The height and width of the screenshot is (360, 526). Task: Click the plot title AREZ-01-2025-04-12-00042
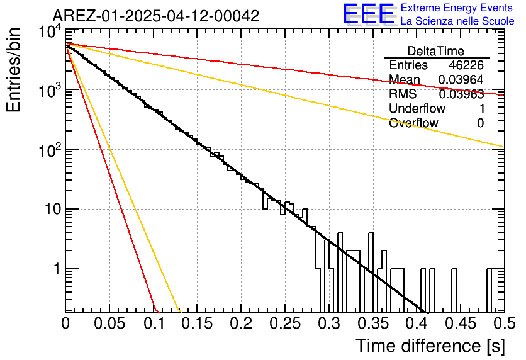pos(156,16)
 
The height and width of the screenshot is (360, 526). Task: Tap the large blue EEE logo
pos(368,14)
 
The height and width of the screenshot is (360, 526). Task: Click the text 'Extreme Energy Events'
pos(457,8)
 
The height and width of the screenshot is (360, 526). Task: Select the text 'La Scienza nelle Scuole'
pos(457,21)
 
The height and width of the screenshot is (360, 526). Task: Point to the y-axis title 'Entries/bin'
pos(13,70)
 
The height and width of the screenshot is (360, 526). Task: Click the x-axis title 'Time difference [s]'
pos(430,346)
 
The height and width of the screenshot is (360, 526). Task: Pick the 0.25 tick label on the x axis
pos(285,323)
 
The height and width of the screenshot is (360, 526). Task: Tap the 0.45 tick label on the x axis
pos(461,323)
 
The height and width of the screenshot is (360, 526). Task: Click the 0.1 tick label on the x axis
pos(154,323)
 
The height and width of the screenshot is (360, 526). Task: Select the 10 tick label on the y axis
pos(53,210)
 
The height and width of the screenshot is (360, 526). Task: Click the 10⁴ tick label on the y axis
pos(50,32)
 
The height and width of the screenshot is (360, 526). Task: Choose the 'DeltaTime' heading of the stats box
pos(436,51)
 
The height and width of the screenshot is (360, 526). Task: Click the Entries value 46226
pos(466,65)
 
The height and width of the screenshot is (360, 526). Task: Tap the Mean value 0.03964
pos(461,79)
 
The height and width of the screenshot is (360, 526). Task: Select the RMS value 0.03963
pos(461,94)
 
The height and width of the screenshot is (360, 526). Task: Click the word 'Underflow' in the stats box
pos(417,108)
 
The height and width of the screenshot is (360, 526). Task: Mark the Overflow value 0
pos(480,123)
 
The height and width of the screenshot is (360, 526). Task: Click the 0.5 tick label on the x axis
pos(505,323)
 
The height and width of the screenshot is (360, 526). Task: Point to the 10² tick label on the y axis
pos(50,151)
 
